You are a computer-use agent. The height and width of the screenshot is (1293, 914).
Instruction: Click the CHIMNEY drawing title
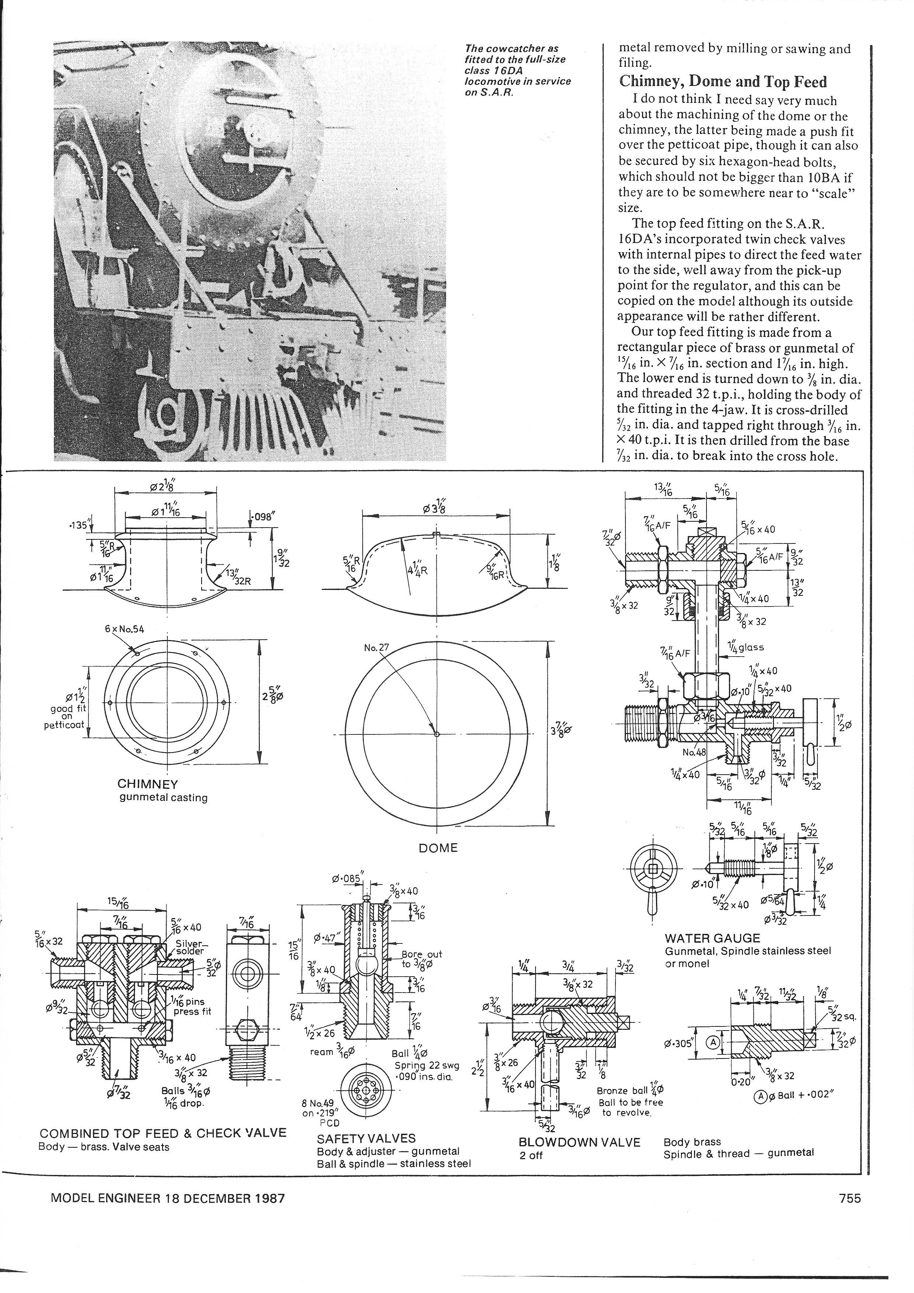point(147,784)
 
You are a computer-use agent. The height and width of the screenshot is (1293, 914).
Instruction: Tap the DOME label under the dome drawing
point(438,848)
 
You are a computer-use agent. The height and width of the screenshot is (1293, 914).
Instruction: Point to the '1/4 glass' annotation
point(745,648)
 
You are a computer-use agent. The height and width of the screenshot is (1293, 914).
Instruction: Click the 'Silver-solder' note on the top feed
point(192,947)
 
